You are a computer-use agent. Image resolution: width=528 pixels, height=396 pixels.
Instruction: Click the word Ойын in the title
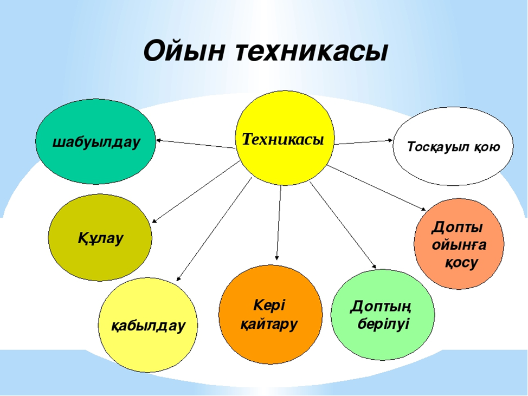click(184, 51)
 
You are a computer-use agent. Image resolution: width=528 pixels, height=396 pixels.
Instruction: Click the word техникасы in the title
click(312, 51)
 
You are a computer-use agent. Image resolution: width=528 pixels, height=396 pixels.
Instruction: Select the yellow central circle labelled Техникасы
click(285, 138)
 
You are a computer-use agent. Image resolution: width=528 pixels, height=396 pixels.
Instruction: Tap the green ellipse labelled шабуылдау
click(95, 141)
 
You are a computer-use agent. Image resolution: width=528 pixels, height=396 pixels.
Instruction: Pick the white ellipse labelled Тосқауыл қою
click(453, 146)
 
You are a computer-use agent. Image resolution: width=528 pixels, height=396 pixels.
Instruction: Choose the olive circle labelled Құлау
click(100, 237)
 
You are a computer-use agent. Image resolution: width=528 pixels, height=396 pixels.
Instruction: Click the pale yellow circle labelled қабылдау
click(148, 325)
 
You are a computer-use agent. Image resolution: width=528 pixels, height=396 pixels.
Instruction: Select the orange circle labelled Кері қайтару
click(271, 315)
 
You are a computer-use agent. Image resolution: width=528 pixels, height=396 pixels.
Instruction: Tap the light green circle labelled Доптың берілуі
click(383, 315)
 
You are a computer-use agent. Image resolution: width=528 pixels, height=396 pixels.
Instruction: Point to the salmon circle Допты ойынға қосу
click(459, 244)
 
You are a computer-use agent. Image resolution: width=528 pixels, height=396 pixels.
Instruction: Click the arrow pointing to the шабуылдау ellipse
click(196, 144)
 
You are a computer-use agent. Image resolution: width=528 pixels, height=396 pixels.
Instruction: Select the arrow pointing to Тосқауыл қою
click(364, 142)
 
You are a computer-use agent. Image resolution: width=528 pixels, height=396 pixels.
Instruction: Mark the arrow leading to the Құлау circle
click(196, 191)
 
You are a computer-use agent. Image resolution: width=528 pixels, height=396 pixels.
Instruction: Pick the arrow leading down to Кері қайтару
click(279, 223)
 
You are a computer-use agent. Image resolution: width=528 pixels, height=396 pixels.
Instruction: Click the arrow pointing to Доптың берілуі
click(343, 225)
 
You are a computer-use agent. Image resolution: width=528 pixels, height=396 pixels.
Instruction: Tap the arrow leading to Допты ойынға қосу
click(377, 188)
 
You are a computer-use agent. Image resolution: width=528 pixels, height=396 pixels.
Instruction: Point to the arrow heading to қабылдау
click(214, 229)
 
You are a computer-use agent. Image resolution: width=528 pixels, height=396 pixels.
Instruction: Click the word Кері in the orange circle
click(269, 305)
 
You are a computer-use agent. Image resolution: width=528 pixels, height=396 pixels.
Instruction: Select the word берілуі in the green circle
click(383, 323)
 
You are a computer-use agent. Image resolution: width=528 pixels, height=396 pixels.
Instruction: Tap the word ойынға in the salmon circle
click(459, 245)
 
